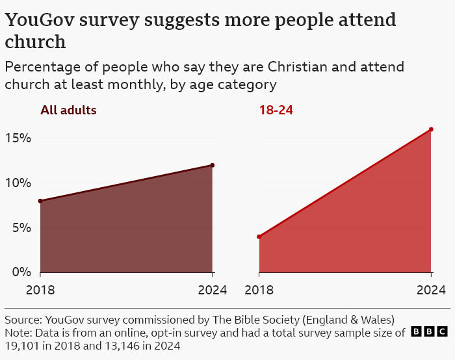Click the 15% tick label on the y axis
coord(18,138)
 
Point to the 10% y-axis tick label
coord(18,183)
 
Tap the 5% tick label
coord(21,228)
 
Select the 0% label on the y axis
coord(21,272)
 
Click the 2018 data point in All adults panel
coord(40,201)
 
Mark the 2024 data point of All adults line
coord(213,165)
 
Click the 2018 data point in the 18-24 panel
coord(259,237)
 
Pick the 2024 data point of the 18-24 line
coord(431,129)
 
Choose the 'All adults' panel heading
coord(68,110)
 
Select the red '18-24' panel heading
coord(276,110)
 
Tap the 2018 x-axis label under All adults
coord(40,290)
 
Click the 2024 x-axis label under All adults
coord(213,290)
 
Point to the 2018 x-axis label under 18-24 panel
coord(259,290)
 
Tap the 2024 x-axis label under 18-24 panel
coord(431,290)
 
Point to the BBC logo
coord(429,332)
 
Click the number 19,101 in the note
coord(23,346)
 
